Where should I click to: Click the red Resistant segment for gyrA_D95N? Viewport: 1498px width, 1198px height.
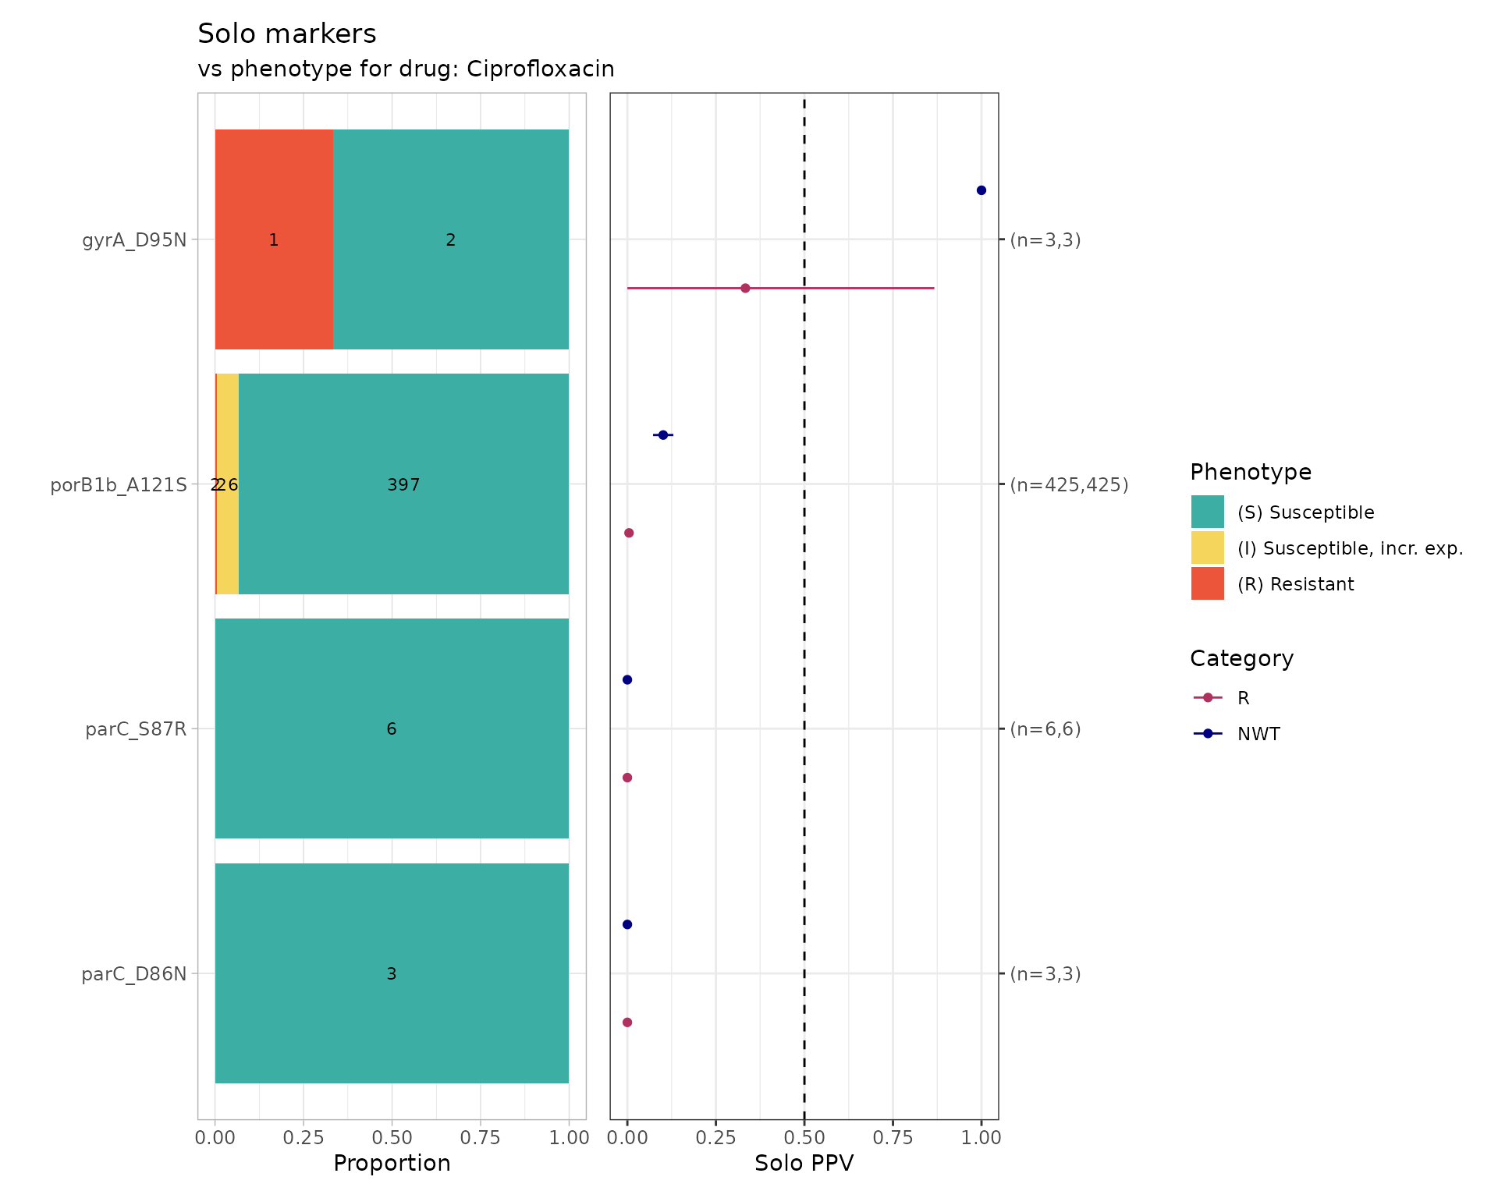pyautogui.click(x=274, y=239)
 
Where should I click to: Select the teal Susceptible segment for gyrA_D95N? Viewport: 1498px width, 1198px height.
pyautogui.click(x=451, y=239)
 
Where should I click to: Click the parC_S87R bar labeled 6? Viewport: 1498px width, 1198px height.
pyautogui.click(x=392, y=728)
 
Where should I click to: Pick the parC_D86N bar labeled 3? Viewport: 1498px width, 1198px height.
pyautogui.click(x=392, y=973)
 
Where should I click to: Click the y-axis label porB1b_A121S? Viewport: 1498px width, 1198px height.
pyautogui.click(x=119, y=485)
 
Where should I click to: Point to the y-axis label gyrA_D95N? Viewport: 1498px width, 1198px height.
pyautogui.click(x=134, y=240)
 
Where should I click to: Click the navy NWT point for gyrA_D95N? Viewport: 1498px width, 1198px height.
pyautogui.click(x=981, y=190)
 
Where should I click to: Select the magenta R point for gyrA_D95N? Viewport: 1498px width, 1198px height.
pyautogui.click(x=745, y=289)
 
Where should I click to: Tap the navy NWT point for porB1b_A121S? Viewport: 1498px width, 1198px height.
pyautogui.click(x=663, y=435)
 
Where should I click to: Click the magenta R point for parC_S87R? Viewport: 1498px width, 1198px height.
pyautogui.click(x=627, y=778)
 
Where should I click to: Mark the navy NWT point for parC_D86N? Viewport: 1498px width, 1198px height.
pyautogui.click(x=627, y=924)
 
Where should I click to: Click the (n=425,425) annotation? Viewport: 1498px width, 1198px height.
pyautogui.click(x=1069, y=485)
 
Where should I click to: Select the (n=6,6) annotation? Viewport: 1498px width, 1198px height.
pyautogui.click(x=1045, y=729)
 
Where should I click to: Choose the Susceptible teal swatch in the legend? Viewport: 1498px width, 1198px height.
pyautogui.click(x=1207, y=512)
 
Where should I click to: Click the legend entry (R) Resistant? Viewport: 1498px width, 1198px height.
pyautogui.click(x=1295, y=584)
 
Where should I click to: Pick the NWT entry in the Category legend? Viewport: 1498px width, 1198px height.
pyautogui.click(x=1258, y=734)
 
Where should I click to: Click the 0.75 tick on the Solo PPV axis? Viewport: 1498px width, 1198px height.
pyautogui.click(x=893, y=1137)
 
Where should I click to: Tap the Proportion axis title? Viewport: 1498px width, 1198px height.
pyautogui.click(x=392, y=1163)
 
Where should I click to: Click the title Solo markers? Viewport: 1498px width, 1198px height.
pyautogui.click(x=287, y=34)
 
